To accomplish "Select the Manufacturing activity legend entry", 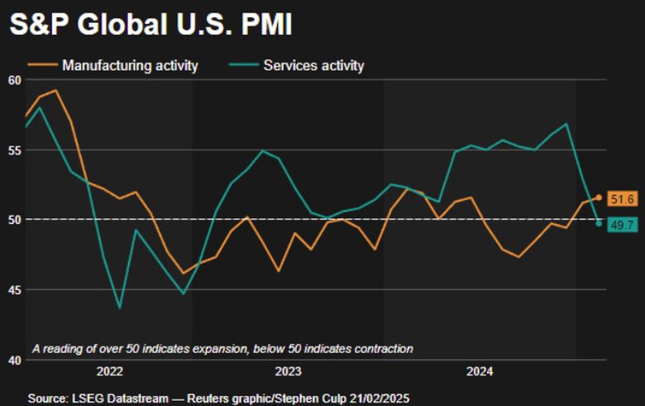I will (x=130, y=65).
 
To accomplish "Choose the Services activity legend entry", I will (x=313, y=65).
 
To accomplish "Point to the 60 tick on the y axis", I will (x=13, y=80).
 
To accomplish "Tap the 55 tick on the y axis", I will (x=13, y=150).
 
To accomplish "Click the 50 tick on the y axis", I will (x=13, y=219).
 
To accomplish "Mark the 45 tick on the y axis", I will (x=13, y=289).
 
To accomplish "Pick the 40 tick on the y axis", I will (x=13, y=360).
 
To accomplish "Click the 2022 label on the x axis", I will (x=110, y=372).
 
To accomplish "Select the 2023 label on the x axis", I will (x=288, y=372).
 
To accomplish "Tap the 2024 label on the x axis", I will (x=479, y=372).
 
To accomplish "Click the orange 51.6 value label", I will (x=621, y=198).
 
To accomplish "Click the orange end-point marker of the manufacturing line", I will (x=598, y=198).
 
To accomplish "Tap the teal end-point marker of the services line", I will (x=599, y=223).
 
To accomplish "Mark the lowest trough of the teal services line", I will (x=119, y=308).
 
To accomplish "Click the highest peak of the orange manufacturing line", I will (x=55, y=91).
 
